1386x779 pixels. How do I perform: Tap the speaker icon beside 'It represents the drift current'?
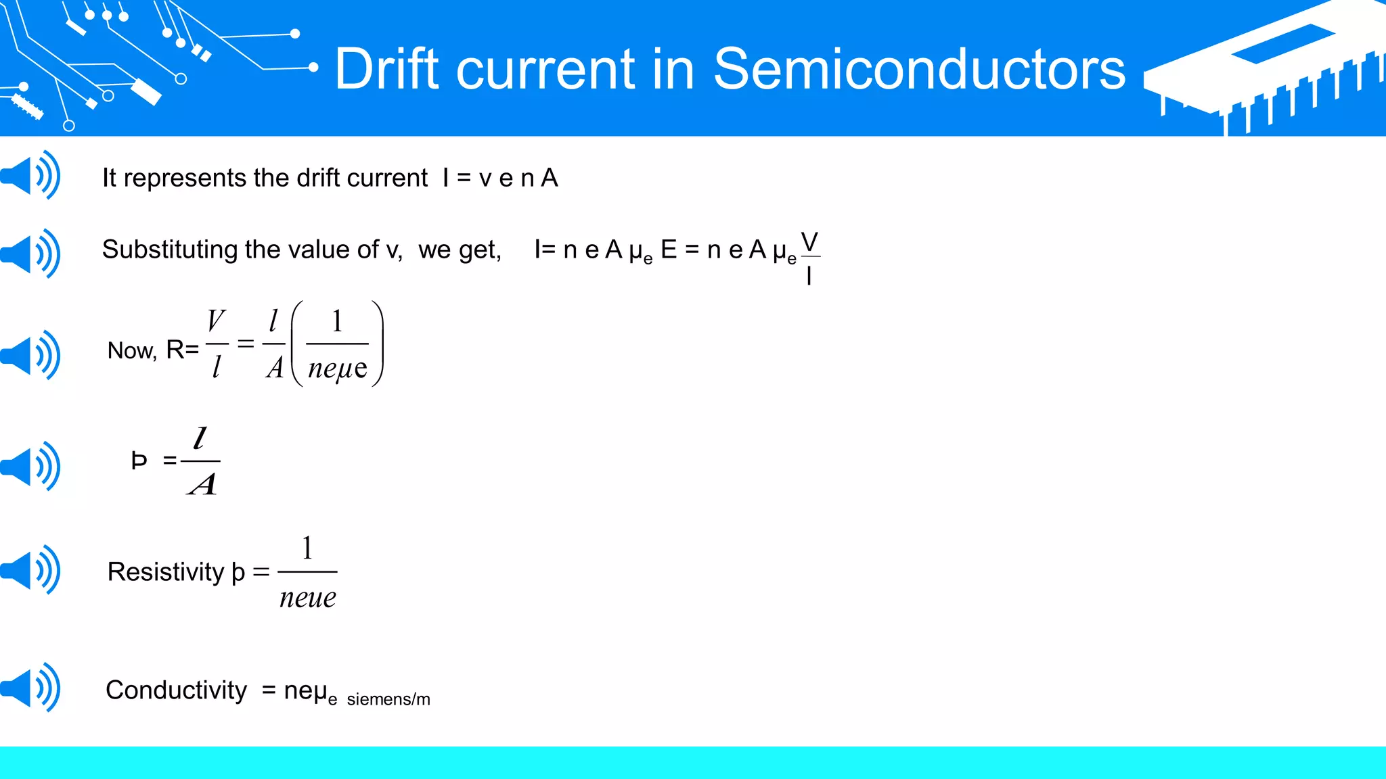click(x=31, y=175)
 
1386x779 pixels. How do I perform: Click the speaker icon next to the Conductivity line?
click(x=31, y=688)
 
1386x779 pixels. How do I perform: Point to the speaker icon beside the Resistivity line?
click(x=31, y=569)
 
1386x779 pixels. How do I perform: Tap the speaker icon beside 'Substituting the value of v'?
click(x=31, y=254)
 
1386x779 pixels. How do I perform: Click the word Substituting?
click(x=171, y=250)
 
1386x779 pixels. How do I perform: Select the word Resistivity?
click(x=165, y=572)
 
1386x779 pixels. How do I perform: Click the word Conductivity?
click(x=176, y=690)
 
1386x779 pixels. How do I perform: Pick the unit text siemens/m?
click(x=388, y=699)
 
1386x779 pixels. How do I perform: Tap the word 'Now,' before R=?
click(x=132, y=351)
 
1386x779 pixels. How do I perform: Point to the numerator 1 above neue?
click(x=307, y=548)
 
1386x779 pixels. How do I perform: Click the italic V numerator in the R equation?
click(x=216, y=321)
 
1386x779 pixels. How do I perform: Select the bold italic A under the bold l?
click(x=202, y=484)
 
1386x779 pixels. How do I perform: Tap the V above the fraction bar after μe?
click(x=809, y=241)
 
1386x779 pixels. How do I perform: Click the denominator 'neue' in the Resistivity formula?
click(x=308, y=598)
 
